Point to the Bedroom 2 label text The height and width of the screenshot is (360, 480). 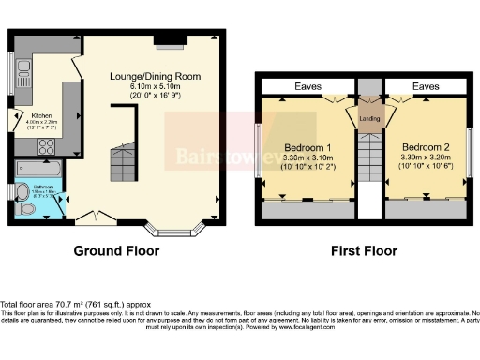[427, 148]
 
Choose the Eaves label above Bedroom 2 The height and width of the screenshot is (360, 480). [426, 86]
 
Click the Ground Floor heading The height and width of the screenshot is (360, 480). [117, 251]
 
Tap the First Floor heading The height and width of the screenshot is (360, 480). [365, 251]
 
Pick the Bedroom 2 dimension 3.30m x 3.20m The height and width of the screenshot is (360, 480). [427, 159]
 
